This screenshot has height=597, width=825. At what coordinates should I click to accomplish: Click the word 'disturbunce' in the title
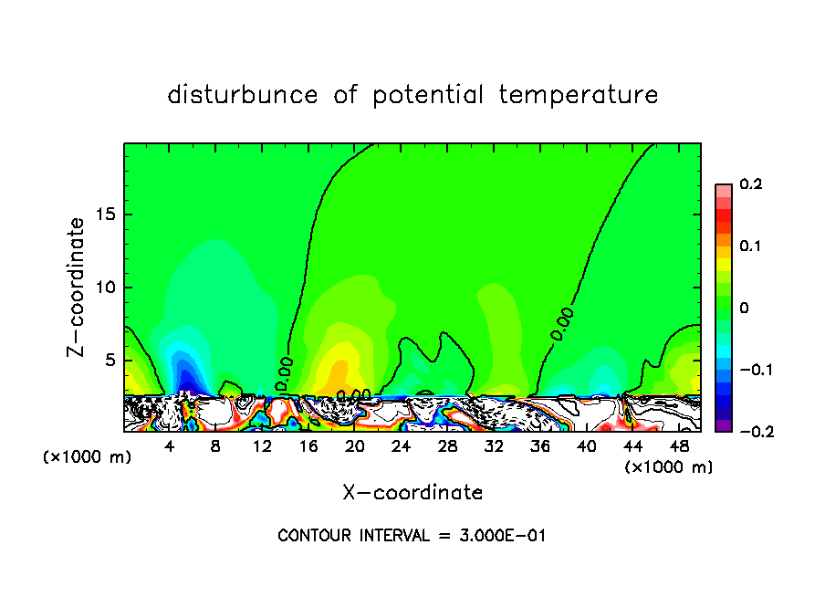[x=243, y=95]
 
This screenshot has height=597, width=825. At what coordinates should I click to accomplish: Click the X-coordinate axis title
[x=412, y=493]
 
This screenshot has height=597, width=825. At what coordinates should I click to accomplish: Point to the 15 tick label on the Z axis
[x=104, y=215]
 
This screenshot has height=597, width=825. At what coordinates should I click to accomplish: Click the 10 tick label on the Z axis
[x=104, y=288]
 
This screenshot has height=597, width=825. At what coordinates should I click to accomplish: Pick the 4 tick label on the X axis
[x=170, y=446]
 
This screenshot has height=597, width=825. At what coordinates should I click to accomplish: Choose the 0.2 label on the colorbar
[x=750, y=184]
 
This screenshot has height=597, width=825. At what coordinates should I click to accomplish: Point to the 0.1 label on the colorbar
[x=750, y=246]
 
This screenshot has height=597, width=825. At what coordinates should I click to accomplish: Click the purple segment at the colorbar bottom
[x=723, y=424]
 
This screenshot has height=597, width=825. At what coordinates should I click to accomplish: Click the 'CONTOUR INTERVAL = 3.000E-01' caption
[x=412, y=536]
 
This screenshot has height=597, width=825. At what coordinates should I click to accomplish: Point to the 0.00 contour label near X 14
[x=285, y=373]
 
